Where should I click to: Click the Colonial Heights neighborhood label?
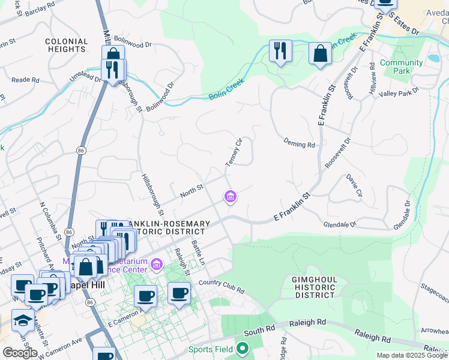pos(67,46)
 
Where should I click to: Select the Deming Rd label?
pos(299,145)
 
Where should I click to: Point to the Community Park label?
pos(401,67)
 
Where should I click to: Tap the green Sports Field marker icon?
pos(243,348)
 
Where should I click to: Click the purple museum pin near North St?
pos(230,196)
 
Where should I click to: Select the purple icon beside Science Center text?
pos(157,264)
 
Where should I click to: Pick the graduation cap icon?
pos(23,320)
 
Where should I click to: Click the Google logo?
pos(20,352)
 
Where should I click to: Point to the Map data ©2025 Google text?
pos(412,355)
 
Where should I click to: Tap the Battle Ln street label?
pos(198,253)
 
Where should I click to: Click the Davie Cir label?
pos(354,185)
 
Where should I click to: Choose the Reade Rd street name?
pos(25,80)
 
